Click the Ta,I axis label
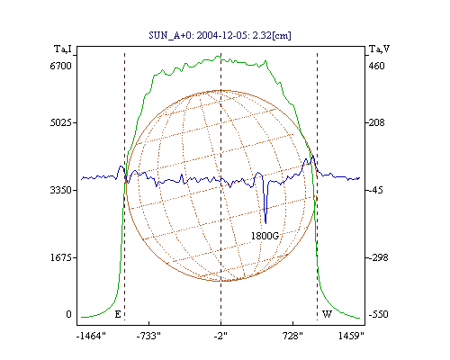coord(63,49)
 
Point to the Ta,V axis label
coord(380,49)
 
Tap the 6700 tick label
coord(60,66)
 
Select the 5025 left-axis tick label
coord(60,122)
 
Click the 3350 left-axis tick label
coord(60,190)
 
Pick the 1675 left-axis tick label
coord(60,257)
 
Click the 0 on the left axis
coord(68,314)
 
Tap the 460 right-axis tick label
coord(376,66)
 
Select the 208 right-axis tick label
coord(376,122)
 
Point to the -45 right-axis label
coord(376,190)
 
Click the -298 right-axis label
coord(378,257)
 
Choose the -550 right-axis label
coord(378,314)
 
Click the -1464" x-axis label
coord(91,336)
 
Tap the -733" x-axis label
coord(148,336)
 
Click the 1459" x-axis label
coord(351,336)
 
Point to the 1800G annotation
coord(265,236)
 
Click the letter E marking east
coord(118,314)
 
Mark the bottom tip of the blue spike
coord(265,223)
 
